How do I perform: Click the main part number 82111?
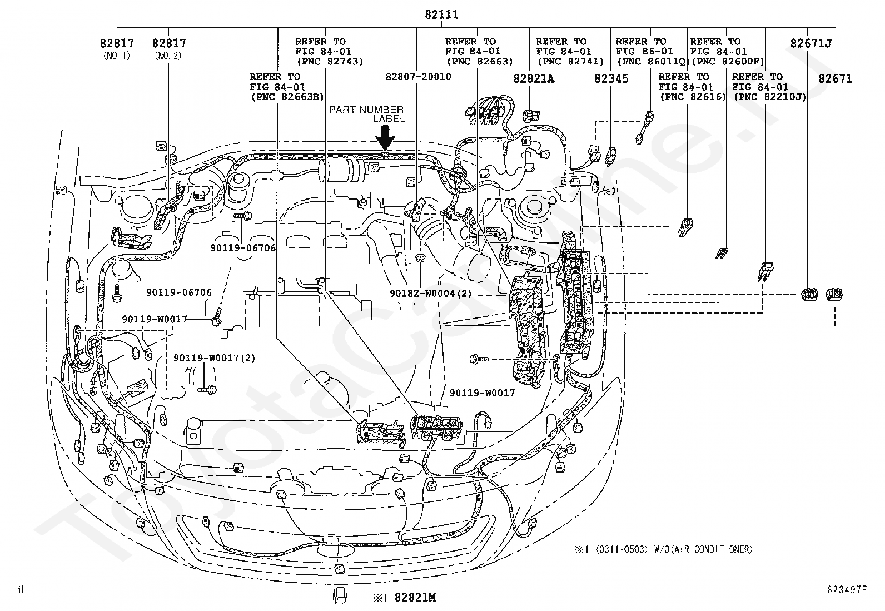[x=441, y=15]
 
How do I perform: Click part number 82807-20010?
[x=419, y=77]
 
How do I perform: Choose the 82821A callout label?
[x=534, y=78]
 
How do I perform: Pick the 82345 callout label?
[x=611, y=78]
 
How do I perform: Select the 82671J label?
[x=811, y=43]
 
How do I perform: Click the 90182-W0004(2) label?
[x=431, y=294]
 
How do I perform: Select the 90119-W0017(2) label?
[x=215, y=358]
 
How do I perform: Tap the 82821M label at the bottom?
[x=415, y=598]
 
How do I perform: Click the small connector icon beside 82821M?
[x=340, y=596]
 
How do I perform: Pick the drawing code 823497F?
[x=847, y=590]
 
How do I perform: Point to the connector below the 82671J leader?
[x=809, y=294]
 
